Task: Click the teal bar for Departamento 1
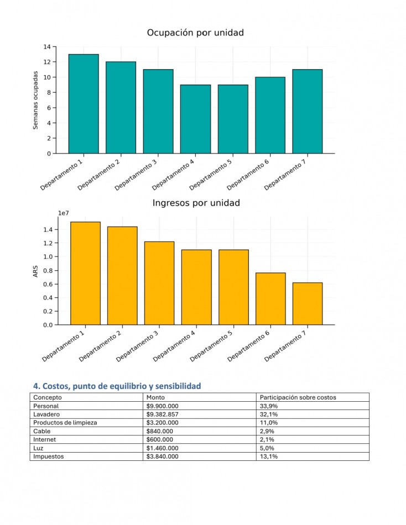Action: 84,104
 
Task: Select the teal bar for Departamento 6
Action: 270,115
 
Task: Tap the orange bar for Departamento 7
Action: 308,304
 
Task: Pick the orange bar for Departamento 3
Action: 159,283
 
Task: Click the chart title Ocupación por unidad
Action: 195,33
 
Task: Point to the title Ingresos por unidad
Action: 196,203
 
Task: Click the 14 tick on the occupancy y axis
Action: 47,47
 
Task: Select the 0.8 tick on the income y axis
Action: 48,271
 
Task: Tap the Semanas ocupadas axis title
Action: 35,100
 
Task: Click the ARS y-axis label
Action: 35,271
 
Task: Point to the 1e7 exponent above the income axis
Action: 64,213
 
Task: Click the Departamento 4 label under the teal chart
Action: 173,175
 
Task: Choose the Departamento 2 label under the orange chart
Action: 100,346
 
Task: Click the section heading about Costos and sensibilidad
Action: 117,386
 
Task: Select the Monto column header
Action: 155,397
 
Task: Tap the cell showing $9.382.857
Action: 162,414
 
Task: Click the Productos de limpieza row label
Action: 65,423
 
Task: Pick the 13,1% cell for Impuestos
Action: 268,456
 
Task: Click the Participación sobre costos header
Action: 298,397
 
